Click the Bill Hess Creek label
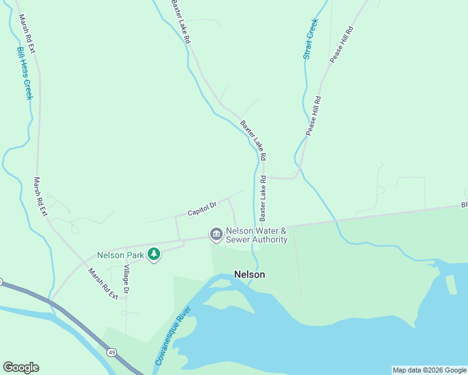25,74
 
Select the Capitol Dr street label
202,209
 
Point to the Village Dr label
126,279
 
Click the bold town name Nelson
250,274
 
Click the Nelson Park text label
121,255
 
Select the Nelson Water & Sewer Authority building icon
216,234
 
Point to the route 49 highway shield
111,352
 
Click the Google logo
21,367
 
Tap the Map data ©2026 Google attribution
429,370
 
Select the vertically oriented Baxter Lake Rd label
263,198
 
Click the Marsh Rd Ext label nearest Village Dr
103,284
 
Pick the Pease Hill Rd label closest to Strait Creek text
342,44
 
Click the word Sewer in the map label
238,239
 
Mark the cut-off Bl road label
464,204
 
